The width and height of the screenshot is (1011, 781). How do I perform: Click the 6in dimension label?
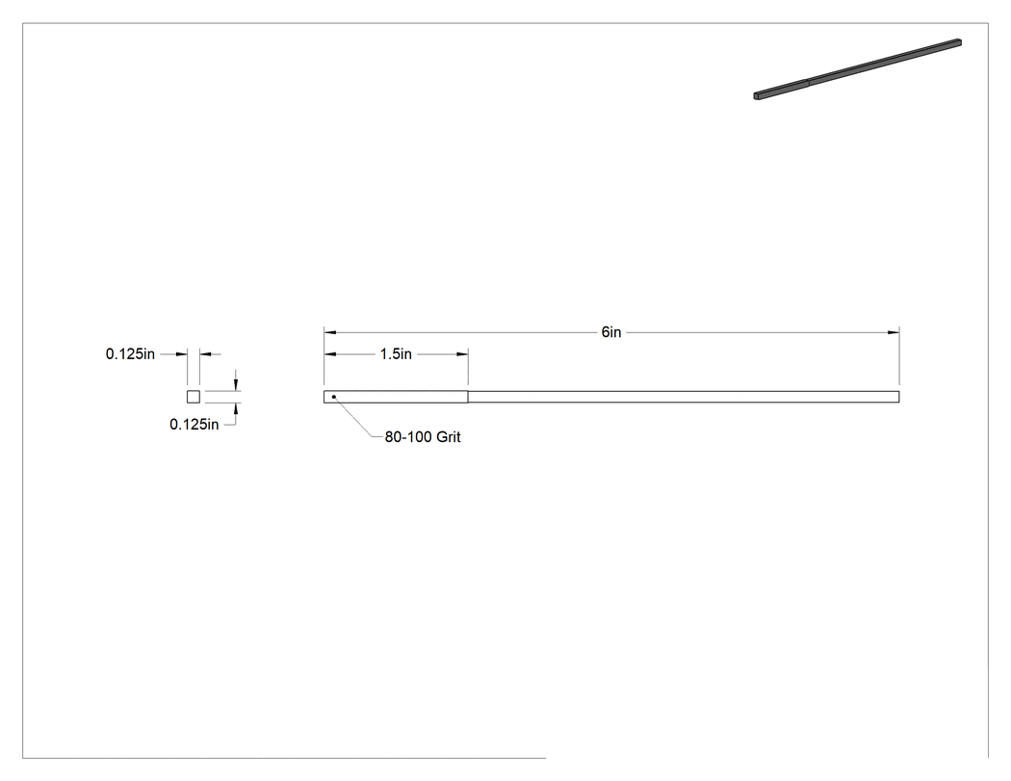(611, 332)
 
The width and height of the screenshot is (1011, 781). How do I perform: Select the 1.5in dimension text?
(396, 354)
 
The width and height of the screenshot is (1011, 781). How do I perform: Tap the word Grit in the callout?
(448, 437)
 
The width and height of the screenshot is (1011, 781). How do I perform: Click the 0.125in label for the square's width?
(130, 354)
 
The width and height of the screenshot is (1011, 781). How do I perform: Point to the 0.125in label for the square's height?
(194, 425)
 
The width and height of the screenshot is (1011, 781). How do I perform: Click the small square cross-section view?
(194, 397)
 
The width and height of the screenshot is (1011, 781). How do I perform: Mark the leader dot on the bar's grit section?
(333, 397)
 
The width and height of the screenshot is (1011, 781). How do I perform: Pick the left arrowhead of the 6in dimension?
(330, 333)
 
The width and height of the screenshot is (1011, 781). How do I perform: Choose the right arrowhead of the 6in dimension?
(893, 333)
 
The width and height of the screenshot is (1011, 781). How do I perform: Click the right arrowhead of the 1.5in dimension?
(462, 354)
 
